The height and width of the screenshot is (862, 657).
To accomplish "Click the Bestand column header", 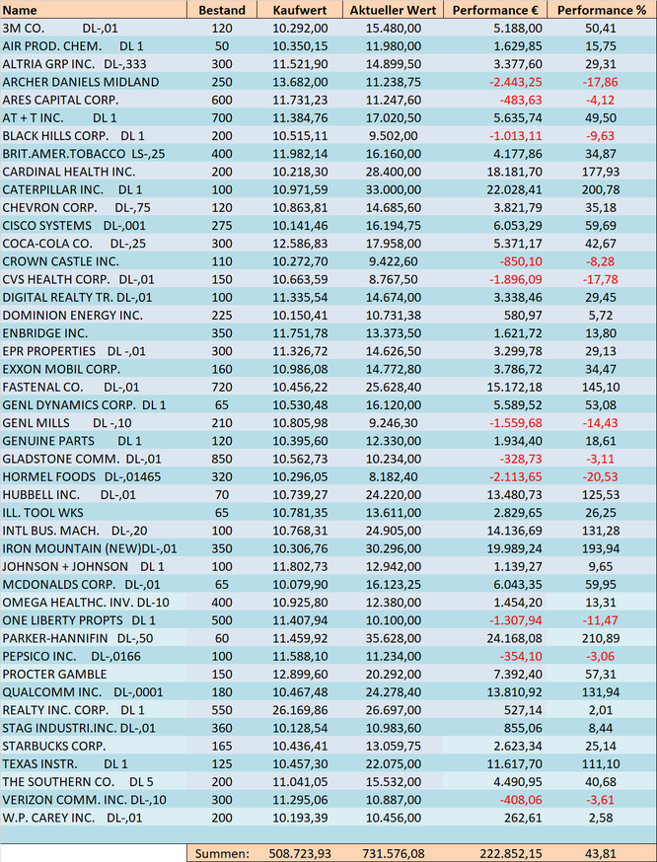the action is pos(222,10).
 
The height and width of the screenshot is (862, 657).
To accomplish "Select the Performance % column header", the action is pos(602,10).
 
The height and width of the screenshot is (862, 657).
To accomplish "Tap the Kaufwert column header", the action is pos(300,10).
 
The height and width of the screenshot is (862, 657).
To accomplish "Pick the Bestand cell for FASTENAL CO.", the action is pos(222,387).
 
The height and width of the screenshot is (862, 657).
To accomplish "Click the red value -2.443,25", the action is pos(515,82).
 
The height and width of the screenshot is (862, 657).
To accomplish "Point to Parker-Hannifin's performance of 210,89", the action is pos(601,638).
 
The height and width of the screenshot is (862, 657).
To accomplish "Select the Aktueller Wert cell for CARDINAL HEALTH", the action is pos(394,172).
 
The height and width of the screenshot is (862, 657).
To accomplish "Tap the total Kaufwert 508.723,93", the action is pos(300,854).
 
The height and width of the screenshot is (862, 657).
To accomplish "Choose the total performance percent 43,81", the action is pos(601,854).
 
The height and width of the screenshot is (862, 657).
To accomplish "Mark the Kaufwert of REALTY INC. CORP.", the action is pos(300,710).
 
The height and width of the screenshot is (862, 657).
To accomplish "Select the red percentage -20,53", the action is pos(601,476).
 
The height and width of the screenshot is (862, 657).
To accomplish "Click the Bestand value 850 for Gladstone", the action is pos(222,459).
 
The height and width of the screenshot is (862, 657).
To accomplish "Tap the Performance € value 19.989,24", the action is pos(515,548).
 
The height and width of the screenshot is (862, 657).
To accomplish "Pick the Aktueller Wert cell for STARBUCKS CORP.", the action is pos(394,746).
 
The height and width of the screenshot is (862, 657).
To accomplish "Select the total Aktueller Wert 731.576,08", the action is pos(394,854).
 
